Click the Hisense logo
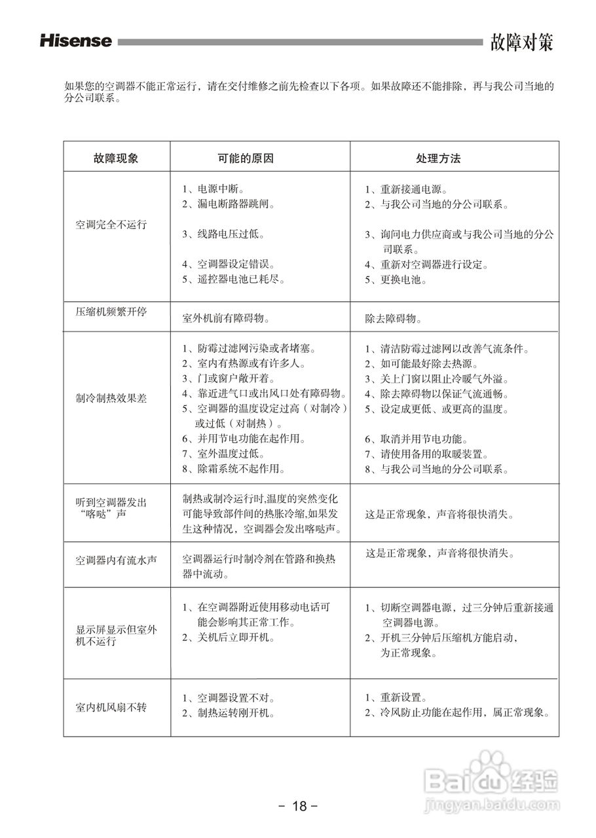tap(76, 41)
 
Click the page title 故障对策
tap(522, 43)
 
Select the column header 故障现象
tap(116, 158)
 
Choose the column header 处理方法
tap(438, 158)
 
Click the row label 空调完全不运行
tap(111, 225)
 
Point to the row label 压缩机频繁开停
tap(111, 311)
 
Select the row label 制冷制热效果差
tap(111, 397)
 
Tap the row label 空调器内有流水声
tap(116, 560)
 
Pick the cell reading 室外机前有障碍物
tap(227, 319)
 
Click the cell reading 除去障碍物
tap(393, 319)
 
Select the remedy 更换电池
tap(403, 280)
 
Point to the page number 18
tap(299, 806)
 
